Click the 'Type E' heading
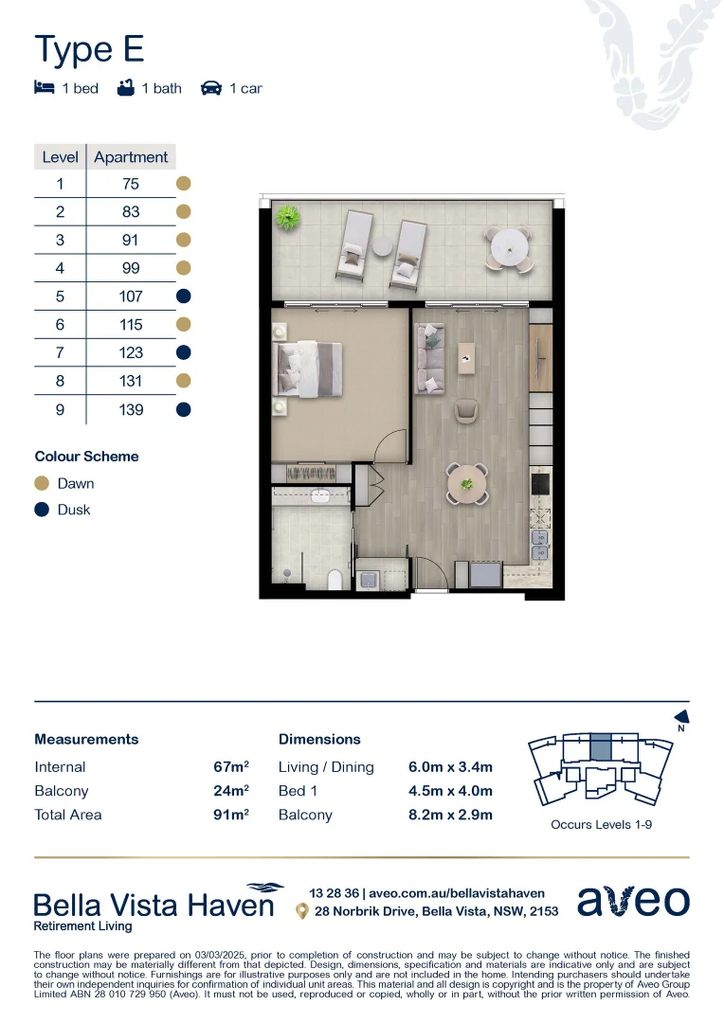tap(89, 49)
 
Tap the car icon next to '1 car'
tap(210, 88)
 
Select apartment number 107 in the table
tap(131, 296)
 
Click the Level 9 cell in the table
tap(60, 409)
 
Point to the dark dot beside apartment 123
tap(184, 352)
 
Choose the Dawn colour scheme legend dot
tap(42, 483)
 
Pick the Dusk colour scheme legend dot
tap(42, 510)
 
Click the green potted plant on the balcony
tap(285, 219)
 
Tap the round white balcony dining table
tap(510, 248)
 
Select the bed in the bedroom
tap(307, 368)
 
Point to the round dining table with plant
tap(467, 484)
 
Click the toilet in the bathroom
tap(335, 579)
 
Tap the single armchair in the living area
tap(467, 411)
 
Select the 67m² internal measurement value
tap(231, 766)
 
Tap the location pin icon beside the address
tap(301, 911)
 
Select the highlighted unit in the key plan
tap(600, 747)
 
